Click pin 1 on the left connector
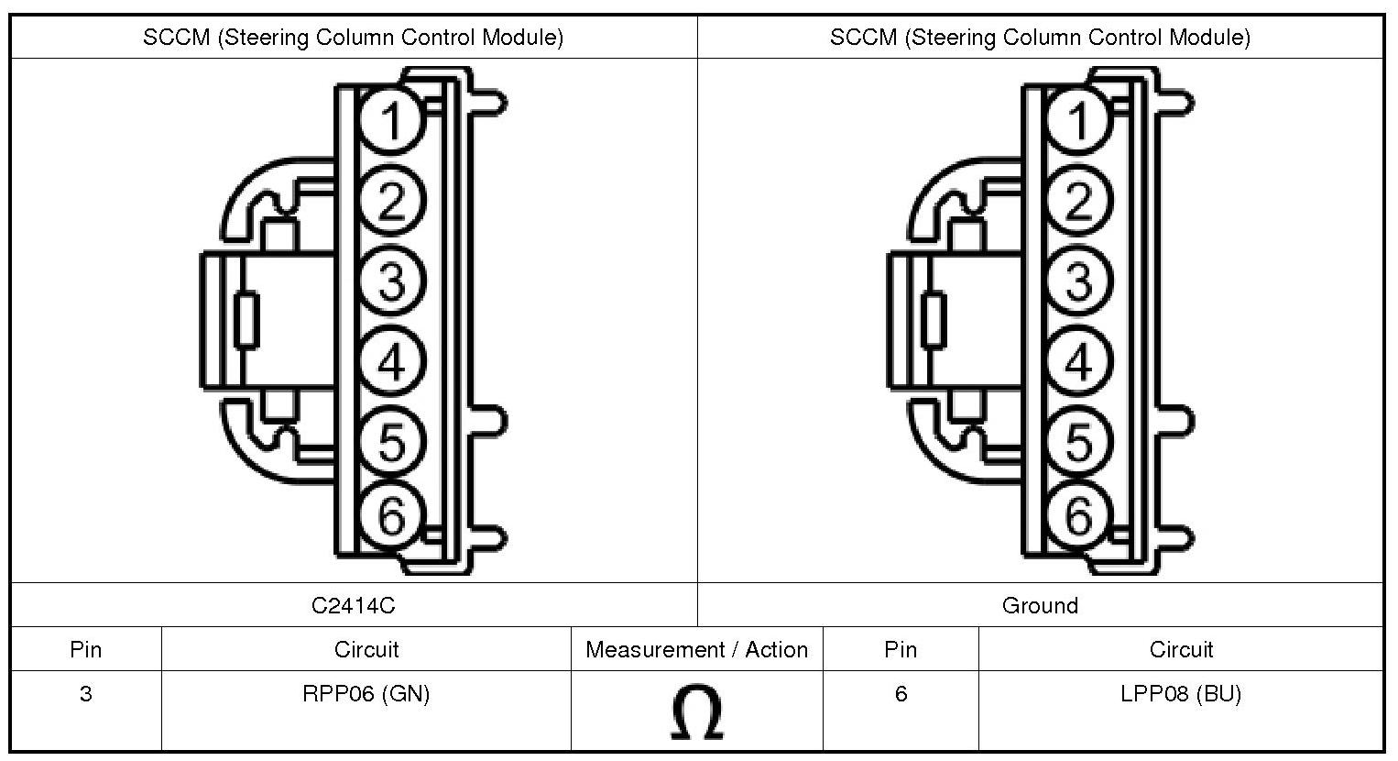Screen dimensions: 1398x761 pos(391,120)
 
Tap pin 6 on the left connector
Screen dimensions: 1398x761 pos(391,516)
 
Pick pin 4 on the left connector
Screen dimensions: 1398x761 pos(391,361)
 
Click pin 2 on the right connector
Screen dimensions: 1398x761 pos(1078,201)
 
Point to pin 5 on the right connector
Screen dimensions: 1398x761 pos(1078,441)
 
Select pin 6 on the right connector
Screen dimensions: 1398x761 pos(1078,516)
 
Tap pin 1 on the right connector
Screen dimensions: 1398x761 pos(1078,120)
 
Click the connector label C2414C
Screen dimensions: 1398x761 pos(354,605)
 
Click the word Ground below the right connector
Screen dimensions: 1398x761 pos(1041,605)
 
